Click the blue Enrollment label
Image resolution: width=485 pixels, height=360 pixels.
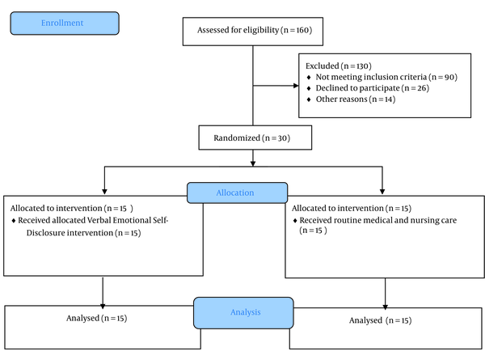tap(62, 23)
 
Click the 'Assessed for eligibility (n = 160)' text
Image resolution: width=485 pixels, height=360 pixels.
tap(255, 30)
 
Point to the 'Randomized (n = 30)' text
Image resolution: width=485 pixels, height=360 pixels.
tap(251, 138)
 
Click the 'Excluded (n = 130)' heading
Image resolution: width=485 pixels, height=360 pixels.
tap(339, 66)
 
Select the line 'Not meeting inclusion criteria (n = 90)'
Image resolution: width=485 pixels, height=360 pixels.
tap(386, 77)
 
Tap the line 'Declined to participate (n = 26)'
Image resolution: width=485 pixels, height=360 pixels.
tap(373, 88)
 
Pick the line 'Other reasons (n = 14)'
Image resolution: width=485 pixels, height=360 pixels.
tap(356, 100)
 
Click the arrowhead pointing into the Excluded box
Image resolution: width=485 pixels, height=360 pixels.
tap(296, 86)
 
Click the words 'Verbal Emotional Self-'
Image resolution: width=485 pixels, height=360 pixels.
tap(128, 220)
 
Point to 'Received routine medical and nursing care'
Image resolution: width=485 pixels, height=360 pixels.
tap(378, 220)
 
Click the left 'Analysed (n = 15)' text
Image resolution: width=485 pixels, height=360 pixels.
tap(96, 318)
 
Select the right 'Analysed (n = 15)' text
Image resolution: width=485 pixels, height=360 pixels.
tap(381, 320)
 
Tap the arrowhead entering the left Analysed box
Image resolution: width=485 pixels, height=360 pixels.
tap(103, 306)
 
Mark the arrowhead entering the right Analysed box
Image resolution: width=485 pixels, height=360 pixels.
tap(385, 307)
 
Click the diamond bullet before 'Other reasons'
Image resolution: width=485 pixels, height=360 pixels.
tap(309, 100)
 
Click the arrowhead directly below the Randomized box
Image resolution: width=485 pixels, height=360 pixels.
tap(253, 163)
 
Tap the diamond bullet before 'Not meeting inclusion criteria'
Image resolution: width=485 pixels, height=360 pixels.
tap(309, 77)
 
